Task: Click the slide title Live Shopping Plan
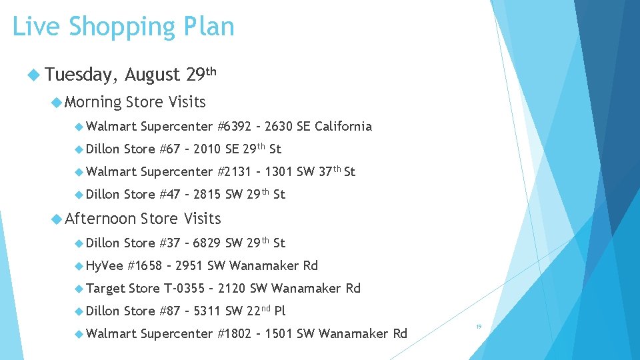click(123, 27)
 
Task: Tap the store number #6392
click(235, 126)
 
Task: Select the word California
click(343, 126)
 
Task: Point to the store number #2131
click(235, 171)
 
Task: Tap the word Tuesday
click(81, 75)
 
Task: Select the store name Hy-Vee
click(105, 265)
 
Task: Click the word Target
click(105, 288)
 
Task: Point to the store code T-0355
click(184, 288)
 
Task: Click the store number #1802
click(235, 333)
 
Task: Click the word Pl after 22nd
click(279, 311)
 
